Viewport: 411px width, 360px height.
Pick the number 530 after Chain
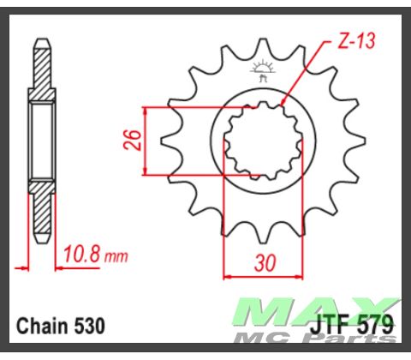tap(89, 327)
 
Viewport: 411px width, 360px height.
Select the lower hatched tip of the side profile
tap(40, 214)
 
